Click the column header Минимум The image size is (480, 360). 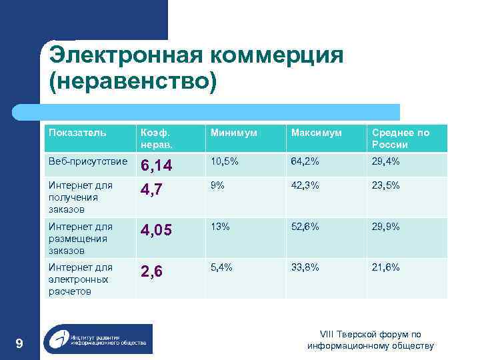233,133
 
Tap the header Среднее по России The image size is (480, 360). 401,138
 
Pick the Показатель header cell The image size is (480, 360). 77,133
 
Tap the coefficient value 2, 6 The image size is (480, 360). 151,271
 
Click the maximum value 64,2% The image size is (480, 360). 305,161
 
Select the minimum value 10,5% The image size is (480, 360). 223,161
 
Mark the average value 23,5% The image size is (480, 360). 387,186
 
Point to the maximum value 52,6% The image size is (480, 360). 305,227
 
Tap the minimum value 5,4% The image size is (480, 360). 221,267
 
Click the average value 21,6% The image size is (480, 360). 387,267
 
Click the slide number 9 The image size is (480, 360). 19,343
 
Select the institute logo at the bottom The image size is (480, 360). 97,339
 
